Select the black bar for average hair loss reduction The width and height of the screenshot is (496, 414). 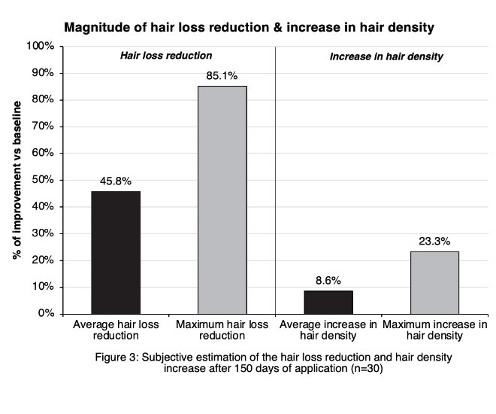coord(115,252)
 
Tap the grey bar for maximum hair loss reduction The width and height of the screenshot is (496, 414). coord(222,199)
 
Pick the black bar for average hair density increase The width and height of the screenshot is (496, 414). coord(328,302)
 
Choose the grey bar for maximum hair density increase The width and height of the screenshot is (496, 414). coord(434,282)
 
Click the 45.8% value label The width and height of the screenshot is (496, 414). coord(115,181)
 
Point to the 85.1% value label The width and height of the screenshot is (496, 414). coord(222,76)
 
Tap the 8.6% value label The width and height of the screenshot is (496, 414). coord(328,281)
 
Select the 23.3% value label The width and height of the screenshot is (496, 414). coord(434,242)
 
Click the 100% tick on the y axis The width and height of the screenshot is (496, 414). coord(41,47)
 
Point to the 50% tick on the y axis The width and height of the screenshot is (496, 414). coord(42,180)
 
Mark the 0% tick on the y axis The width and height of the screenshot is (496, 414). coord(45,313)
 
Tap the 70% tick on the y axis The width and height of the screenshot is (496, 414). coord(42,126)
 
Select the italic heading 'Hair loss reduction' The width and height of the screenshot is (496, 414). coord(167,56)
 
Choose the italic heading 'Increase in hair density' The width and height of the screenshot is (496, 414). coord(386,56)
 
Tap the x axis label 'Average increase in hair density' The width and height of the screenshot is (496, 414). coord(328,330)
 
